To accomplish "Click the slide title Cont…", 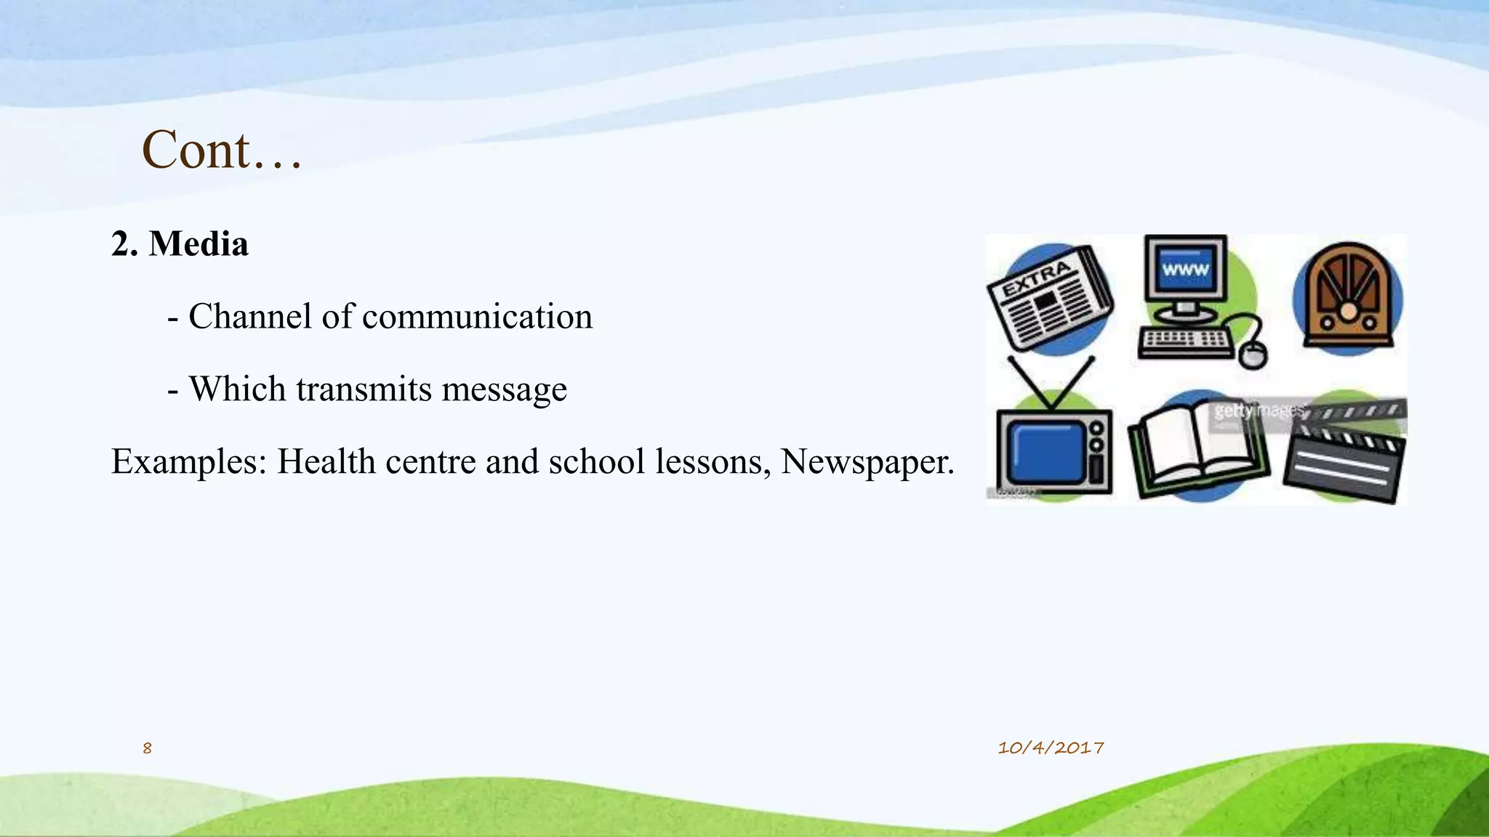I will [x=221, y=150].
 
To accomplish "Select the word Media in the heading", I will [x=198, y=244].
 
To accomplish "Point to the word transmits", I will [x=358, y=389].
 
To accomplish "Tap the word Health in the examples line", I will [x=326, y=462].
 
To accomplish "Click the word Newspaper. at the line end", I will [x=867, y=462].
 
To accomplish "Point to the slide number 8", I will [x=147, y=748].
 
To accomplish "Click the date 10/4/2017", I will [x=1051, y=748].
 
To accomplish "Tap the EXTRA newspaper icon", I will [x=1049, y=300].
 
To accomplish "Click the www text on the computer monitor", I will [x=1185, y=270].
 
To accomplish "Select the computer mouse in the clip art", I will [x=1252, y=355].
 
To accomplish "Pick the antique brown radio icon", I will [x=1347, y=298].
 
